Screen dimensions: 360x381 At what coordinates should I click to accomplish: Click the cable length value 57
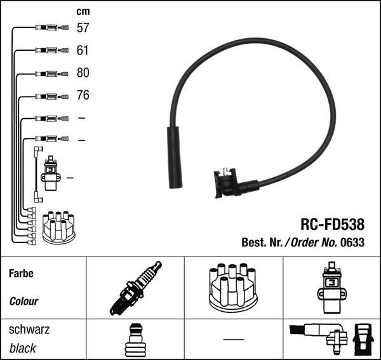pos(83,28)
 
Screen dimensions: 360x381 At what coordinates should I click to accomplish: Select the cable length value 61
pos(83,50)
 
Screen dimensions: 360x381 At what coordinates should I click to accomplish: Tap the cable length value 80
pos(83,73)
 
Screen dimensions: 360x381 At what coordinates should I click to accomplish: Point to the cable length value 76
pos(83,96)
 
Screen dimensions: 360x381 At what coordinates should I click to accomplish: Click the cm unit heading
pos(83,11)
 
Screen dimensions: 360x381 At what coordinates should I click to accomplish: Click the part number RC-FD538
pos(332,224)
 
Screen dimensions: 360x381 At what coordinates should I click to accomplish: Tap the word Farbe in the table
pos(21,274)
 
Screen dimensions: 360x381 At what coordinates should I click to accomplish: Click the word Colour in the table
pos(23,302)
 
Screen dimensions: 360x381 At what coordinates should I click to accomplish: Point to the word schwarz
pos(29,330)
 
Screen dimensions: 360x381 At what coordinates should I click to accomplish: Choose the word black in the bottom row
pos(23,348)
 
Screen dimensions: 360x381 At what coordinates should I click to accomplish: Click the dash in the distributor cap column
pos(233,340)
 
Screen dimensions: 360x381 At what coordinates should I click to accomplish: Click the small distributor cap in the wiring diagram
pos(58,227)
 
